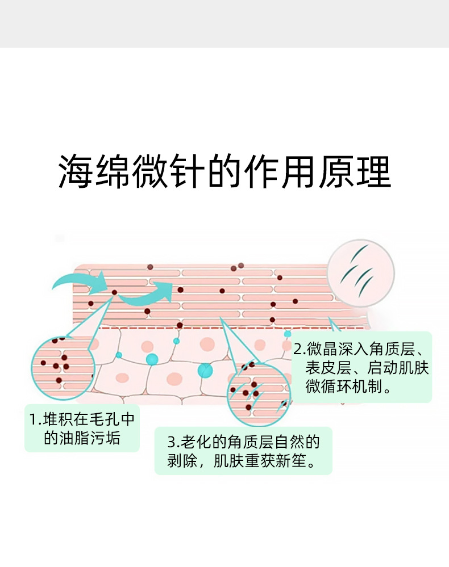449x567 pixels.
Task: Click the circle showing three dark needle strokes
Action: click(x=360, y=269)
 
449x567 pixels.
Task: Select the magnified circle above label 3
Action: click(x=255, y=388)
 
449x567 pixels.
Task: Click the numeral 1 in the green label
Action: click(x=33, y=421)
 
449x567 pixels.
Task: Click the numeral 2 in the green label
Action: click(x=296, y=347)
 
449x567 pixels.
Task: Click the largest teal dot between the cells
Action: click(x=205, y=370)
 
